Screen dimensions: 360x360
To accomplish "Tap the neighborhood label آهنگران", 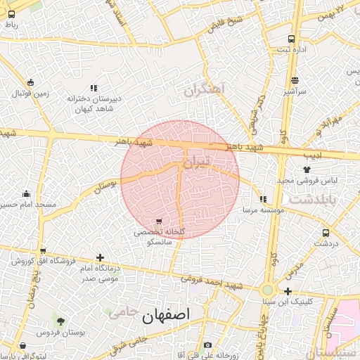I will [x=204, y=89].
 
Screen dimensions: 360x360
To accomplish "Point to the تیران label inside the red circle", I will [x=196, y=162].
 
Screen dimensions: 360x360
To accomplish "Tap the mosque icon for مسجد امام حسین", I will [x=27, y=194].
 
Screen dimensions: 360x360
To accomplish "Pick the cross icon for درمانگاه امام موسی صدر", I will [x=100, y=258].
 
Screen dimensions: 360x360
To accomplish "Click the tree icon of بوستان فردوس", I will [x=60, y=321].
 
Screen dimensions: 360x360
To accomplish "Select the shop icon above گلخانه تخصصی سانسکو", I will [x=159, y=221].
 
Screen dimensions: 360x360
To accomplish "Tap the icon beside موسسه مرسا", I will [x=263, y=199].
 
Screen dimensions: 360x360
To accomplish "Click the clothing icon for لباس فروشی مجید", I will [x=307, y=169].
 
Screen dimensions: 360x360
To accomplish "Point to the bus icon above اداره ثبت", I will [x=291, y=39].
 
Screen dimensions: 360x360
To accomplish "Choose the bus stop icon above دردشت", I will [x=326, y=233].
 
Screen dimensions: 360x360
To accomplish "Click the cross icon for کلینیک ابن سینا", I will [x=288, y=291].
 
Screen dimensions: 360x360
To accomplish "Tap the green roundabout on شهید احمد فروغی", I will [x=267, y=290].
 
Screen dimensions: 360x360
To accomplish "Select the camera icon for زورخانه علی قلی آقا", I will [x=207, y=345].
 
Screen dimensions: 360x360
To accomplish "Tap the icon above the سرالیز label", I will [x=295, y=80].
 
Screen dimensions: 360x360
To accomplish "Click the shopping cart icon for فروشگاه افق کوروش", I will [x=44, y=251].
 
